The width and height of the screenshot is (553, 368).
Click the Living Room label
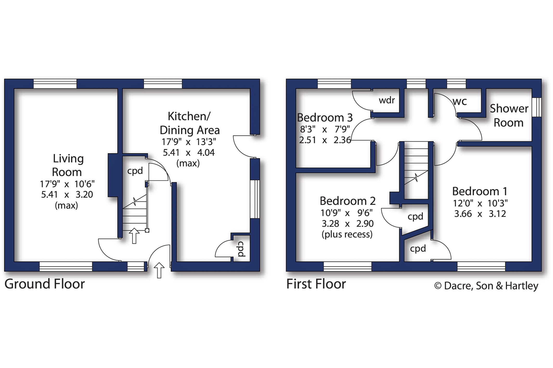(x=67, y=165)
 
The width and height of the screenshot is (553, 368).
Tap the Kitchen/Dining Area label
(x=189, y=123)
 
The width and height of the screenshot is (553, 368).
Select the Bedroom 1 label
(x=480, y=191)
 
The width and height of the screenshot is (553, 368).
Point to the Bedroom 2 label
(x=348, y=201)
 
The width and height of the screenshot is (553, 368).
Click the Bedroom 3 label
(x=325, y=118)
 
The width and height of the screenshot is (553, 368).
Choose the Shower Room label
(x=509, y=116)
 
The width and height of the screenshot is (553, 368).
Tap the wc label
(x=460, y=101)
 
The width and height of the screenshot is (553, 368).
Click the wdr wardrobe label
(x=387, y=100)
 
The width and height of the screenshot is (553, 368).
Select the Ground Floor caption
(x=44, y=284)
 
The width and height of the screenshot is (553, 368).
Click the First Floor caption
(x=316, y=284)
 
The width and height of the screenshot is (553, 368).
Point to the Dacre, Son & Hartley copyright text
(x=486, y=286)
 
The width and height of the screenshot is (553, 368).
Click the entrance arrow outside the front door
(x=159, y=270)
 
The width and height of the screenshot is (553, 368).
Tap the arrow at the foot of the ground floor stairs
(x=134, y=236)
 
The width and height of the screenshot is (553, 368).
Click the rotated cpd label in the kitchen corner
(x=241, y=249)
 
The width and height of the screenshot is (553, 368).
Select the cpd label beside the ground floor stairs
(x=135, y=171)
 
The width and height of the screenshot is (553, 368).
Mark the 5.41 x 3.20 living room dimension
(x=67, y=195)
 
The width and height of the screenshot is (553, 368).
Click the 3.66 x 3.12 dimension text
(x=480, y=214)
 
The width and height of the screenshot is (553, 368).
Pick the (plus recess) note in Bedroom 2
(x=347, y=235)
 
